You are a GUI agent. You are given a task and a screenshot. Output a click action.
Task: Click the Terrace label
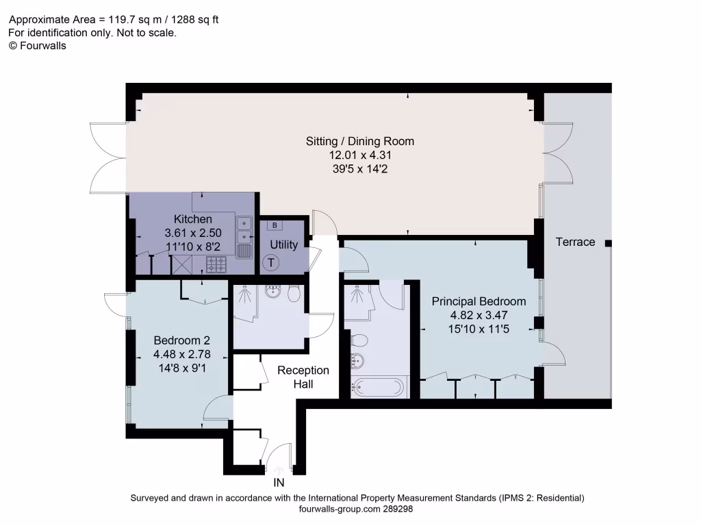tap(575, 242)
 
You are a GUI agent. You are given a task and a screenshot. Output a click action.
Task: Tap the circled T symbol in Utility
tap(271, 262)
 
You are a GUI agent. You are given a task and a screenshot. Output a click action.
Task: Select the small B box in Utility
tap(275, 225)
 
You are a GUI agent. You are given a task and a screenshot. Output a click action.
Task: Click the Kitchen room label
tap(192, 219)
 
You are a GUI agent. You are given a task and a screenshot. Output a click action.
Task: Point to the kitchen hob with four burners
tap(217, 264)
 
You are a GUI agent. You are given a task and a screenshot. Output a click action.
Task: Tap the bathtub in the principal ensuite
tap(378, 387)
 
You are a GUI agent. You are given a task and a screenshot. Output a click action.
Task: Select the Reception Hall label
tap(303, 377)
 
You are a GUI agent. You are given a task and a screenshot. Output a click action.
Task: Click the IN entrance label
tap(279, 484)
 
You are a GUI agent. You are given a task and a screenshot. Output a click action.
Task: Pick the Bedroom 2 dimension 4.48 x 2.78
tap(181, 354)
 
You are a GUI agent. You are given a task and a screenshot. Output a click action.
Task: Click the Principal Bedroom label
tap(479, 301)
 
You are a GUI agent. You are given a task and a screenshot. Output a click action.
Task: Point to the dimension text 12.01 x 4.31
tap(360, 155)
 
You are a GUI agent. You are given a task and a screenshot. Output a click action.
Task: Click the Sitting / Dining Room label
tap(360, 141)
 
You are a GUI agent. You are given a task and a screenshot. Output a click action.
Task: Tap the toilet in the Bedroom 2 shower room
tap(294, 293)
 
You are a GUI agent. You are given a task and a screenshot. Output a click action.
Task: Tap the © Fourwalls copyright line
tap(37, 45)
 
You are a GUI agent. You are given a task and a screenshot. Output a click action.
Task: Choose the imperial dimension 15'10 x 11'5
tap(479, 329)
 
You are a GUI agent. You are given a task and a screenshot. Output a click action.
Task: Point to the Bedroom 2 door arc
tap(218, 408)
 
